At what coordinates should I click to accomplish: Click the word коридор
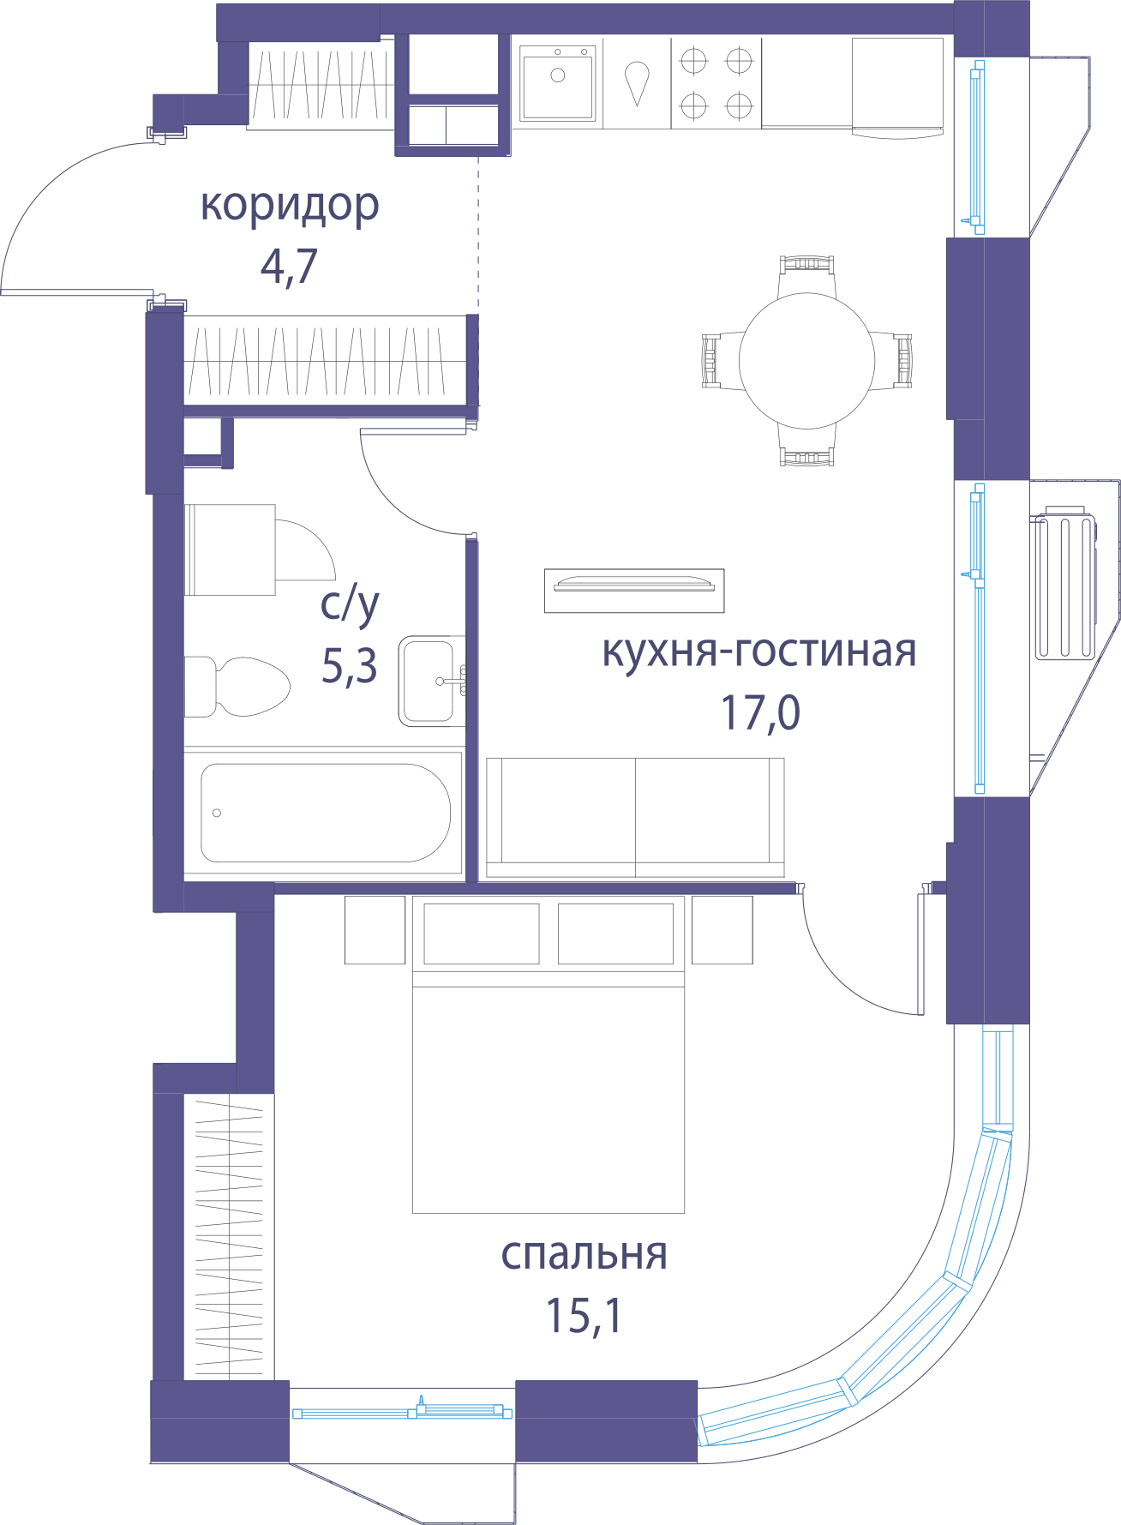coord(290,207)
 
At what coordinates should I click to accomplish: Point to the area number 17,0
coord(760,712)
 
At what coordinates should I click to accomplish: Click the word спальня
coord(584,1254)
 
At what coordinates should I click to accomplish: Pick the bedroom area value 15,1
coord(584,1315)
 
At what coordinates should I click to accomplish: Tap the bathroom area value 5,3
coord(349,666)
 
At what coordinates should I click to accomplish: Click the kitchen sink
coord(558,83)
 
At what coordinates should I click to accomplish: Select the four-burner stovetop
coord(716,83)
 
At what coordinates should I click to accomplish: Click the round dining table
coord(806,361)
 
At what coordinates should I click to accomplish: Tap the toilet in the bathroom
coord(237,687)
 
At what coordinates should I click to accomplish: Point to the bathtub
coord(325,813)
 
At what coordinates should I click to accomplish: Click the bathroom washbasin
coord(431,681)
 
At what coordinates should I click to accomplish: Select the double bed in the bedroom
coord(549,1054)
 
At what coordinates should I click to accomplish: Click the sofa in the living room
coord(635,818)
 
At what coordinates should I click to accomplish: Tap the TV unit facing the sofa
coord(634,591)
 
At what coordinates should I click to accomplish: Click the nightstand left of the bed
coord(375,930)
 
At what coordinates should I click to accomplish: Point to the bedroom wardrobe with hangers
coord(229,1237)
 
